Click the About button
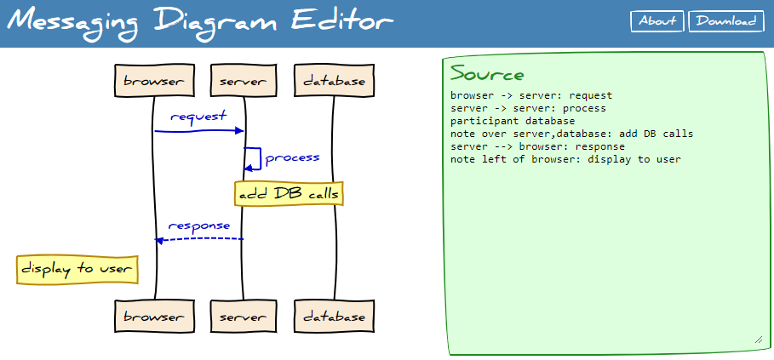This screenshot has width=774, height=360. (x=657, y=21)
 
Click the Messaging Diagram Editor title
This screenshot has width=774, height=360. (x=201, y=21)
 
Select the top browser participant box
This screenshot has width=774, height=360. (x=153, y=81)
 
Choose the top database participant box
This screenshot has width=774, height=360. (x=334, y=81)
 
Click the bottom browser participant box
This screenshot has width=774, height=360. (x=153, y=317)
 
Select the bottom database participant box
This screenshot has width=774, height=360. (x=334, y=317)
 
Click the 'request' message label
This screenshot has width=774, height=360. (x=198, y=116)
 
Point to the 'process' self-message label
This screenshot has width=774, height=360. (x=292, y=157)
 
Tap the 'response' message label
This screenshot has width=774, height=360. (x=199, y=226)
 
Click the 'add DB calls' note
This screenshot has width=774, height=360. (x=290, y=194)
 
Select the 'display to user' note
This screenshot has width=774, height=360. (x=77, y=269)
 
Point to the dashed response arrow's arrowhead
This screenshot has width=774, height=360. (x=158, y=240)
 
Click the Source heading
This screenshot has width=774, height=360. (x=487, y=73)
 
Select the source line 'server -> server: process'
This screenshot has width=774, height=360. (x=528, y=108)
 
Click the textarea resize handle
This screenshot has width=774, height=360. (x=758, y=340)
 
